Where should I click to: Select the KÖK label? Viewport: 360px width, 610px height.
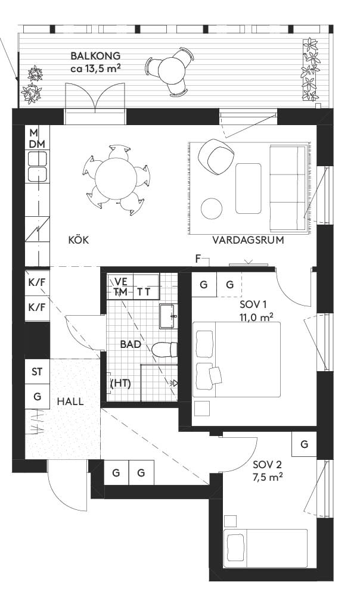coord(79,240)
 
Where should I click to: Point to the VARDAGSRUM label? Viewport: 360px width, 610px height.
coord(247,241)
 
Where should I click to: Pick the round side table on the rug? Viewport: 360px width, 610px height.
coord(212,208)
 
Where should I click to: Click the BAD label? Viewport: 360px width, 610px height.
coord(130,344)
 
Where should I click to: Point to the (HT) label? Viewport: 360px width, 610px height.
coord(121,384)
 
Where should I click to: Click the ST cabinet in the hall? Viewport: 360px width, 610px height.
coord(37,372)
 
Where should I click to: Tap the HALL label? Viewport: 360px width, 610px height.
coord(70,401)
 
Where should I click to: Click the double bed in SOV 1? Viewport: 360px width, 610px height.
coord(237,359)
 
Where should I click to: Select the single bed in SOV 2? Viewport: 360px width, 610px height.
coord(265,548)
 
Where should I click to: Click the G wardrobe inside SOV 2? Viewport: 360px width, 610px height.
coord(304,444)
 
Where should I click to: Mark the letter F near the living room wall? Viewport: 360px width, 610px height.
coord(198,258)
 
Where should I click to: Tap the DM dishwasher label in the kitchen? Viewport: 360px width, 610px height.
coord(36,144)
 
